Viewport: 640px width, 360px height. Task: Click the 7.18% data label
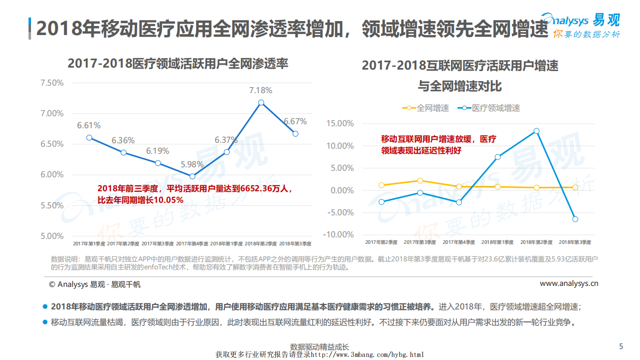tap(261, 91)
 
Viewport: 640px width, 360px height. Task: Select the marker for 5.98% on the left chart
tap(192, 176)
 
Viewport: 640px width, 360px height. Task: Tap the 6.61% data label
tap(89, 125)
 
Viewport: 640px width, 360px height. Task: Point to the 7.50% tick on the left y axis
tap(52, 83)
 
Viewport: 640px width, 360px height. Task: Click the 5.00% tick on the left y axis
tap(52, 236)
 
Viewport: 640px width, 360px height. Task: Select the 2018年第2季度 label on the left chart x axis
tap(261, 243)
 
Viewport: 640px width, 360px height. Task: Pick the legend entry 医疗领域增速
tap(495, 108)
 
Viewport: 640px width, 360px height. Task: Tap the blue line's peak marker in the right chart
tap(536, 131)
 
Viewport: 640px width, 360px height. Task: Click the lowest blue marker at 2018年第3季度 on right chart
tap(575, 219)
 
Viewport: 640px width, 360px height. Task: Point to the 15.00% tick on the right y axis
tap(339, 123)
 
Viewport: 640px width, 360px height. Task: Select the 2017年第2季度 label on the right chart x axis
tap(381, 242)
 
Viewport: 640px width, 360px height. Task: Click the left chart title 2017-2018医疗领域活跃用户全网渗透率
tap(178, 64)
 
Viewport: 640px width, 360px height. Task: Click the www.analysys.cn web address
tap(569, 283)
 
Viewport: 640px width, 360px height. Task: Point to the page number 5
tap(621, 346)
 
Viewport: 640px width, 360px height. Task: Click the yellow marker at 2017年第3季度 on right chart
tap(420, 181)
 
